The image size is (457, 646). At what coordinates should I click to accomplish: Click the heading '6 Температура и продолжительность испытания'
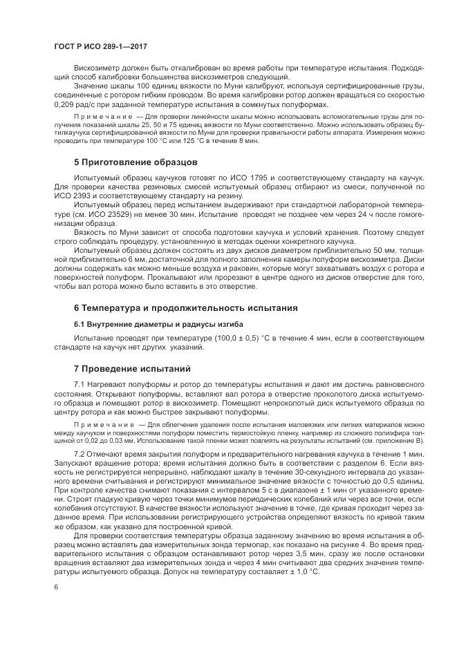(x=186, y=307)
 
